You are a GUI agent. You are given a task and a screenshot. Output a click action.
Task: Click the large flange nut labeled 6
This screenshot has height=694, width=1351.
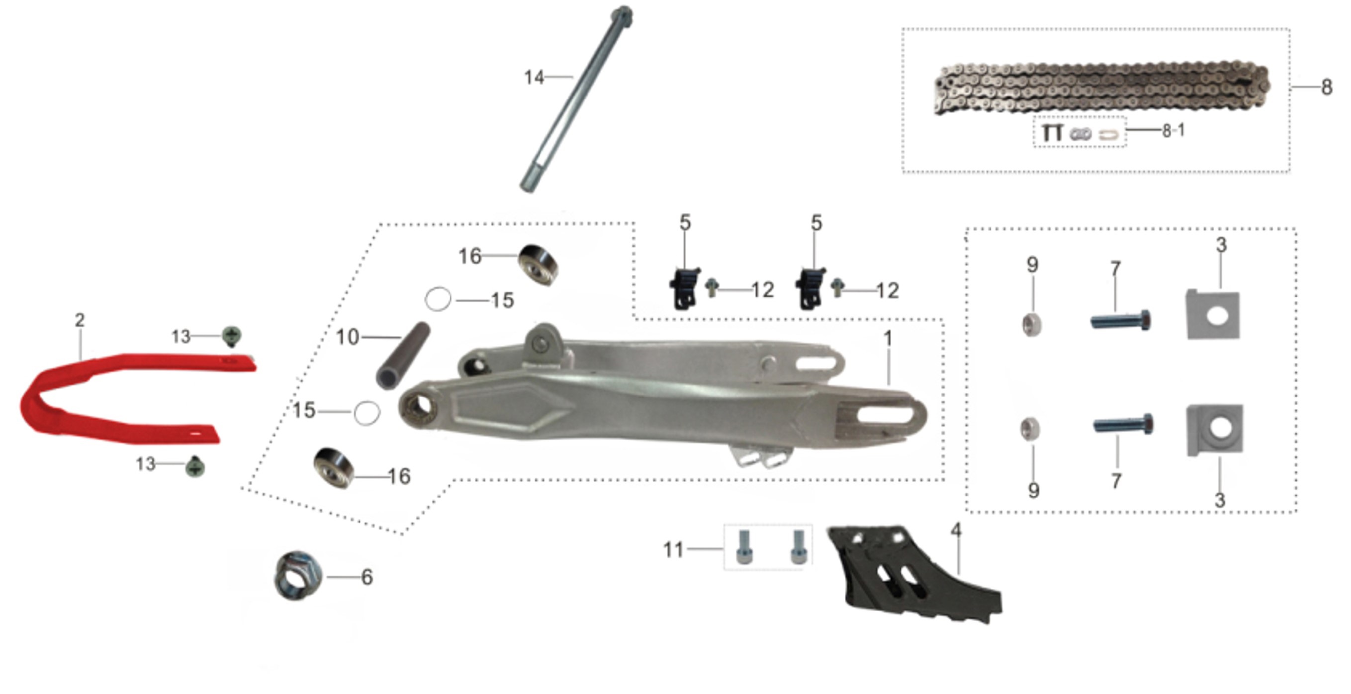pos(298,576)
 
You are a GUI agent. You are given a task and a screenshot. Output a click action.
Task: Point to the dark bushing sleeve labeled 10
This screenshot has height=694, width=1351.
pos(403,356)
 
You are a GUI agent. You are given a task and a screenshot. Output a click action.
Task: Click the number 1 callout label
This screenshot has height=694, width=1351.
pos(888,338)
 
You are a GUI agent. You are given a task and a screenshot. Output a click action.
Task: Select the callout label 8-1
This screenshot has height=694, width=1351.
pos(1173,131)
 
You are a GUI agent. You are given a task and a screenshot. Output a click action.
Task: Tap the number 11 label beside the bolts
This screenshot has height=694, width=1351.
pos(673,550)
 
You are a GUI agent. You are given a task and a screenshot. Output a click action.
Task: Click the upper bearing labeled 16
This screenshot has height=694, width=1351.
pos(538,264)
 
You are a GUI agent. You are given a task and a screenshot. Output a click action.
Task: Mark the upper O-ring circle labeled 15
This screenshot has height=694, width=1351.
pos(438,299)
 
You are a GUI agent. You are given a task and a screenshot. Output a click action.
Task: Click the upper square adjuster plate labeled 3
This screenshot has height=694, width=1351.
pos(1213,314)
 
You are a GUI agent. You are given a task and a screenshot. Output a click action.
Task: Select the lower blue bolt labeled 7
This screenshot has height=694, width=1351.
pos(1123,424)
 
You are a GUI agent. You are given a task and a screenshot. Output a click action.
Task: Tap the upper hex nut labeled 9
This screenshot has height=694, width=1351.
pos(1032,324)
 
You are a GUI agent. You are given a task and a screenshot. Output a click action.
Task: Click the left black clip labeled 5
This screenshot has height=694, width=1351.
pos(684,289)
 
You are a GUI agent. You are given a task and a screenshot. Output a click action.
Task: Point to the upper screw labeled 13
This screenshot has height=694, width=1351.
pos(231,336)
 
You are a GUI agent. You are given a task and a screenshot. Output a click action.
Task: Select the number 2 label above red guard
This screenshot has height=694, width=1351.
pos(79,320)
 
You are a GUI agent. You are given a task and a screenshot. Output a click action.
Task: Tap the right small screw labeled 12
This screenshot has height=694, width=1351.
pos(837,288)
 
